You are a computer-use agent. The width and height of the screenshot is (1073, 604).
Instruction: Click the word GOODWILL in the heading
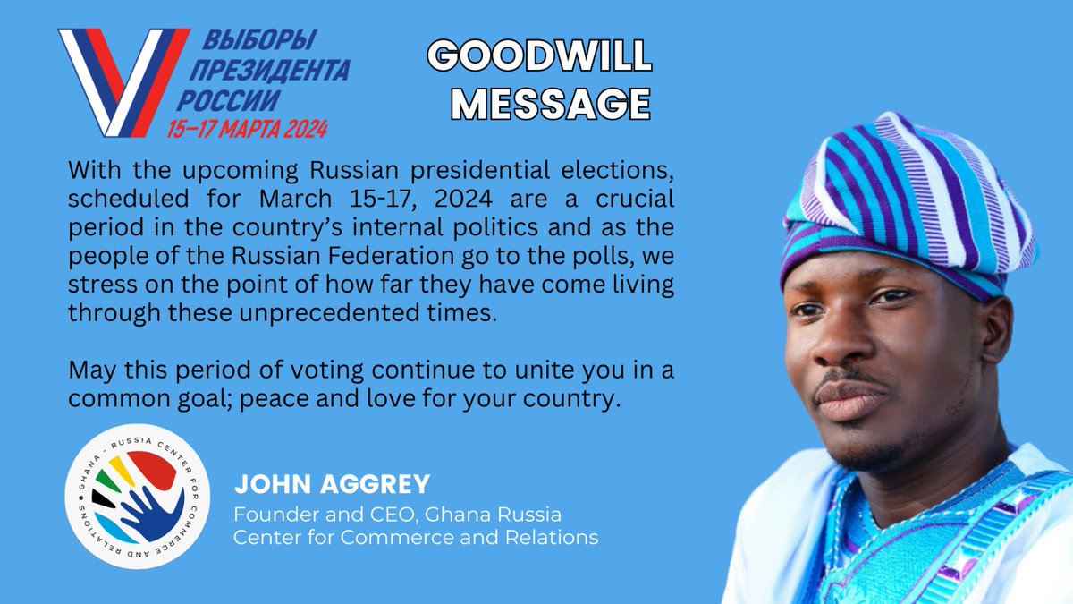[x=540, y=59]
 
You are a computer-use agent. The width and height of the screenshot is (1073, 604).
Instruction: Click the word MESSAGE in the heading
[x=549, y=103]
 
